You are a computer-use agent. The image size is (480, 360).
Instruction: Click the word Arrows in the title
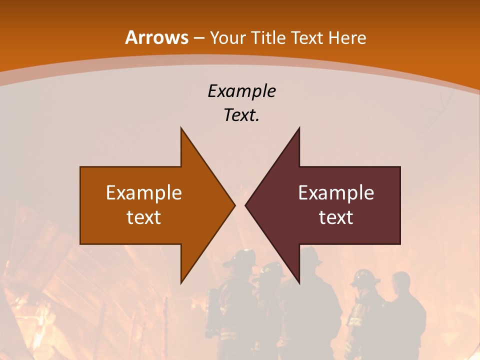pos(157,37)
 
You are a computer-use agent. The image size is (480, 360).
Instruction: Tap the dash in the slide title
pos(199,38)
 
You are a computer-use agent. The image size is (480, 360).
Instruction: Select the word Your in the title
pos(227,38)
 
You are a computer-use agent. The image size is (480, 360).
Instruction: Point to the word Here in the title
pos(347,38)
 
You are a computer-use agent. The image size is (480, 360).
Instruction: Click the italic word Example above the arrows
pos(241,91)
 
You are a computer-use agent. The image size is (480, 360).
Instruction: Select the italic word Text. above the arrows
pos(241,115)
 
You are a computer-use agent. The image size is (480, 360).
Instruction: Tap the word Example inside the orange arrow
pos(144,192)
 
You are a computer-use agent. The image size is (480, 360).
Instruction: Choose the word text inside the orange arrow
pos(144,217)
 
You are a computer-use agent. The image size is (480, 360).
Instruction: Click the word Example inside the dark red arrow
pos(336,192)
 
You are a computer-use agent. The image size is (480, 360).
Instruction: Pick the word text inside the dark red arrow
pos(336,217)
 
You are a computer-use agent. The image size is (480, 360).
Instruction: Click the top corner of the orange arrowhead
pos(181,128)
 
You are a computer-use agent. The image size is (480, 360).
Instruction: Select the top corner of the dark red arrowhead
pos(299,128)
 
